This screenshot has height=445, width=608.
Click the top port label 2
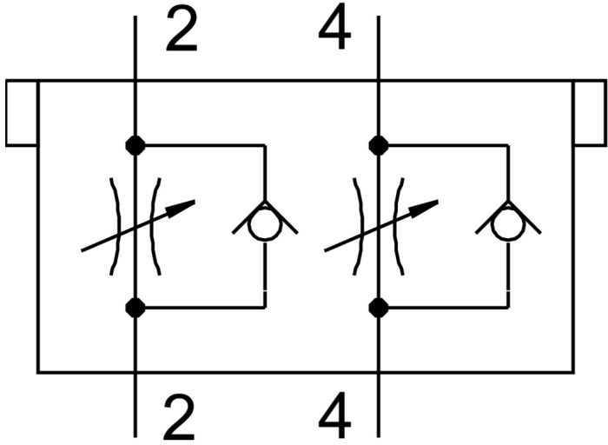[x=181, y=32]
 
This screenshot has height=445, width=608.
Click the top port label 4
[x=334, y=32]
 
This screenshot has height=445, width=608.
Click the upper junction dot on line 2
[x=135, y=145]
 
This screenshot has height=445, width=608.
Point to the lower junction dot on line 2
[x=135, y=307]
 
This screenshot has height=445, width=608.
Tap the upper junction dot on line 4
[x=378, y=145]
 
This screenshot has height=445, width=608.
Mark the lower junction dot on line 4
[x=378, y=307]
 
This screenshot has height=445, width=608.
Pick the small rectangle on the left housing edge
[x=21, y=113]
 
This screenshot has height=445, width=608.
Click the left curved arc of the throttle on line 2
[x=116, y=226]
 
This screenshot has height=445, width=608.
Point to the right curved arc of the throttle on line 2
[x=154, y=226]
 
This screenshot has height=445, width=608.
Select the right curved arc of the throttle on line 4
[x=397, y=226]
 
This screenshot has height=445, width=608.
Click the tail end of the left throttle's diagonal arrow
[x=83, y=250]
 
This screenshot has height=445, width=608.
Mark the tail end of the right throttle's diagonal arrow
[x=327, y=250]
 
